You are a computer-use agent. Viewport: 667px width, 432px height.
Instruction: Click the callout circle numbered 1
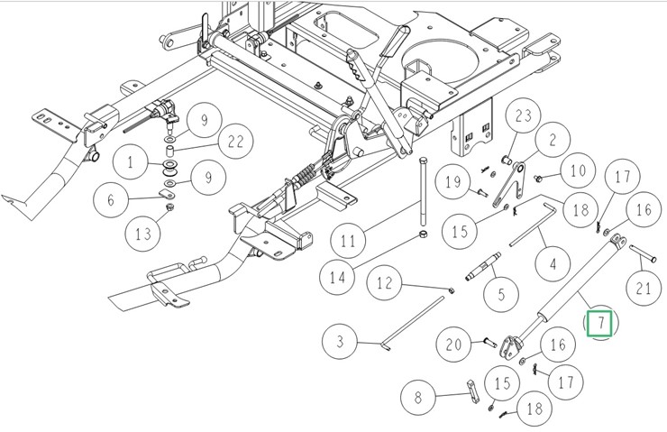click(x=132, y=163)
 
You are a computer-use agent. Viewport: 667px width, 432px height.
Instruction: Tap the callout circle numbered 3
click(x=342, y=342)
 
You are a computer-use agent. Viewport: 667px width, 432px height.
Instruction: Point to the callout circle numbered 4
click(x=553, y=266)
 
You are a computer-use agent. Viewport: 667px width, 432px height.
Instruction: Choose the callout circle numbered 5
click(x=501, y=293)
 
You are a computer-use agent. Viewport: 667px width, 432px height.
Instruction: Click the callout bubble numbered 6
click(x=111, y=200)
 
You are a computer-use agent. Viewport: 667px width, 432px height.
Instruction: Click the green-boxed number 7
click(x=600, y=322)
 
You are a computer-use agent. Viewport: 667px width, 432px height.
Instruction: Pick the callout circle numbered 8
click(x=417, y=397)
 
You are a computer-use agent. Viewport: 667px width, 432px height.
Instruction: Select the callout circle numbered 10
click(x=579, y=170)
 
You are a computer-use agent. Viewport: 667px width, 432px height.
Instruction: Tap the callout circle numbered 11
click(x=349, y=241)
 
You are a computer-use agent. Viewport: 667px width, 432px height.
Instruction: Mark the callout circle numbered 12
click(x=385, y=284)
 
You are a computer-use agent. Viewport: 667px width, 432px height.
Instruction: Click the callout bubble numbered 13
click(x=143, y=235)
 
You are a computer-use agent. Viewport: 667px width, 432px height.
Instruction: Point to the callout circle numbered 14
click(x=337, y=277)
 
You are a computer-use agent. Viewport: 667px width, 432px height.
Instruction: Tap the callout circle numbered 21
click(x=643, y=289)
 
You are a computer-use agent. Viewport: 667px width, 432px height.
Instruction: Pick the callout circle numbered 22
click(x=237, y=142)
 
